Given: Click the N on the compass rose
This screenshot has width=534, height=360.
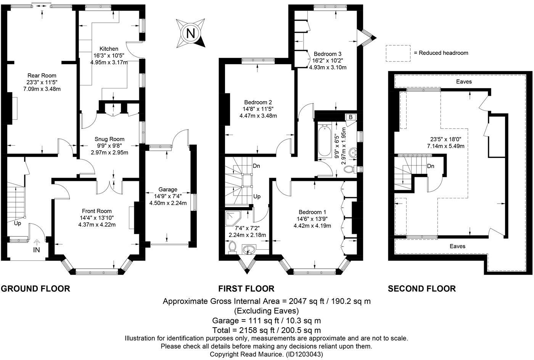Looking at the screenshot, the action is [190, 34].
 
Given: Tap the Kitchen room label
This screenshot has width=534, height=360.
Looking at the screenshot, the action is [109, 49].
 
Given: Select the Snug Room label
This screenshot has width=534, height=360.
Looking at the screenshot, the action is [109, 139].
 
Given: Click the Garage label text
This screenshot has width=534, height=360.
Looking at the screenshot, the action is [168, 189].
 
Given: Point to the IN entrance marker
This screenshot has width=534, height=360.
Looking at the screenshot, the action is [37, 250].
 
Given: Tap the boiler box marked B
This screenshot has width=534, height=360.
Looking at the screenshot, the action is [351, 117].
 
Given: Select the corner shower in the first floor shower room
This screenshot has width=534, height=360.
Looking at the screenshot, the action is [233, 218].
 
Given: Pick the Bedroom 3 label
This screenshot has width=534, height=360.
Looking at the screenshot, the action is [328, 54].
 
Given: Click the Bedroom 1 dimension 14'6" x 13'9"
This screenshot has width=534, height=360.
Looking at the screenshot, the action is [312, 219].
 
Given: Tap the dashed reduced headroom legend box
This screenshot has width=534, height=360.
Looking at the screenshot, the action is [398, 53].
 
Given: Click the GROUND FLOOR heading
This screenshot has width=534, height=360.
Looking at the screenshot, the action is [35, 288].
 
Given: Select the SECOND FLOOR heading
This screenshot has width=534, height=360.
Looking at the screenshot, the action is [422, 288].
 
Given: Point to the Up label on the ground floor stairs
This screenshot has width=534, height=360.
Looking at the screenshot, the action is [18, 223].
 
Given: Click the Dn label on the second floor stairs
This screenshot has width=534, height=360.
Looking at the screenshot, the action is [431, 166].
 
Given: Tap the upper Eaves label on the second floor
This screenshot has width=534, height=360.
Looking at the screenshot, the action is [464, 82].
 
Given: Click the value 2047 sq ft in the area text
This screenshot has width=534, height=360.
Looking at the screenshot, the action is [307, 301].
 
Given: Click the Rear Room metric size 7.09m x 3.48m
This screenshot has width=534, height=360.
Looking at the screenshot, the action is [42, 89].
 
